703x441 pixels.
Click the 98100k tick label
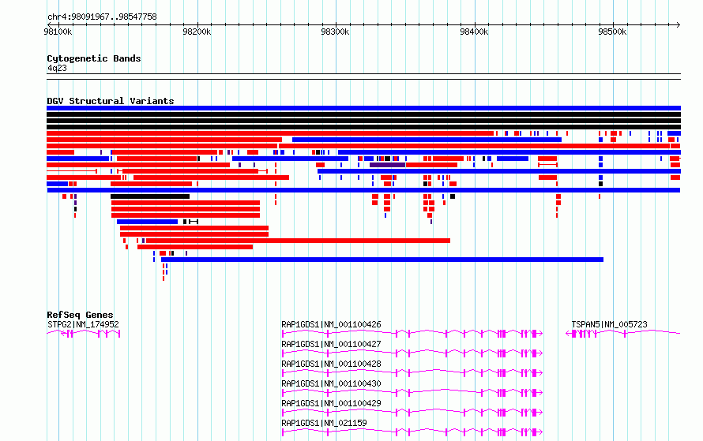click(58, 32)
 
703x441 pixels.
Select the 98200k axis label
click(197, 32)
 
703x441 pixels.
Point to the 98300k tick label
click(335, 32)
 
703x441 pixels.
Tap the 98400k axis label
click(474, 32)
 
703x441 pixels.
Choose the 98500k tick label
click(612, 32)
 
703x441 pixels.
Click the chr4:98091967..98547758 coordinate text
click(102, 17)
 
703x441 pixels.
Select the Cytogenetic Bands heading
click(94, 58)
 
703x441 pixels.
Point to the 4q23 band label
click(57, 68)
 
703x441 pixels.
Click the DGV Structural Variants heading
click(111, 101)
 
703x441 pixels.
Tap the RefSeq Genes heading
click(80, 315)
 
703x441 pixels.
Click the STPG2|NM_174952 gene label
click(83, 324)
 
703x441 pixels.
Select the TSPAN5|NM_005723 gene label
click(609, 324)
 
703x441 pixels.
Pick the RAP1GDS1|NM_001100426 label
click(331, 324)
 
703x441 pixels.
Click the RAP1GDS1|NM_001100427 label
click(331, 344)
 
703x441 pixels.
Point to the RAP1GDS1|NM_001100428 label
click(331, 364)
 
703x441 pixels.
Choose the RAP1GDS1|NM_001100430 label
click(331, 383)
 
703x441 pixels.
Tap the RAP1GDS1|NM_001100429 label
click(331, 403)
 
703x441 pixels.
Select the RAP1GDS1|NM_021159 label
click(324, 423)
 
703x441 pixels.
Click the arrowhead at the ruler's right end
click(679, 24)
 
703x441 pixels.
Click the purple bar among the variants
click(387, 165)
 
